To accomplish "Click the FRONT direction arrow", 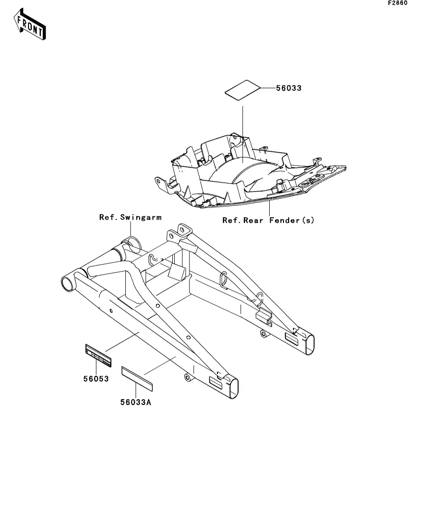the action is point(29,24).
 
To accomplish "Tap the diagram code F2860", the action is point(397,3).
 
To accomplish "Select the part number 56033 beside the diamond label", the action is point(289,88).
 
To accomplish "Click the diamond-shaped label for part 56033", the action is point(242,90).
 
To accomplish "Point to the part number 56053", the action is point(96,379).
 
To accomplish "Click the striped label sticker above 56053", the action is point(98,356).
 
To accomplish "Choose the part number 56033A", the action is point(136,402).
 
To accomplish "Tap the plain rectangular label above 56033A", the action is point(137,378).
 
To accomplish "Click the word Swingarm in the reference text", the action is point(141,218).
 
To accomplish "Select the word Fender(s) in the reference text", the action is point(292,220).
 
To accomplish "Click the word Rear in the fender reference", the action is point(253,220).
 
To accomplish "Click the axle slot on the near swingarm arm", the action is point(215,383).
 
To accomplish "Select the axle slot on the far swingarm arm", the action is point(292,339).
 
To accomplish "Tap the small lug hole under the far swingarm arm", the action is point(263,333).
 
